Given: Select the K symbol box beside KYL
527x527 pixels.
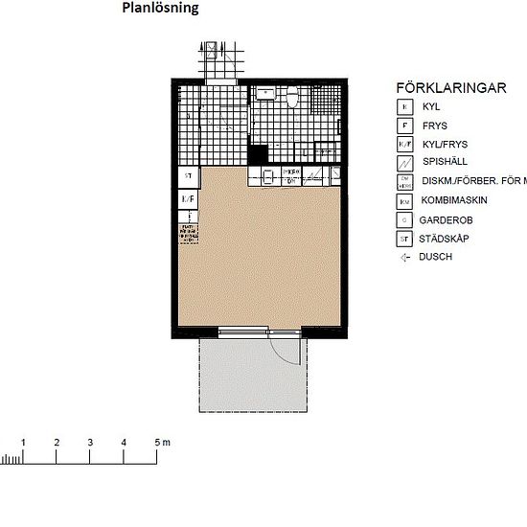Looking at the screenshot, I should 405,107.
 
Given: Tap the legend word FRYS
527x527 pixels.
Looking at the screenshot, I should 434,126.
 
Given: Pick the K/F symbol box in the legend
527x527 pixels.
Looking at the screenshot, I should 405,145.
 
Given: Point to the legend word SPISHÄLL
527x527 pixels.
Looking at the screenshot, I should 443,163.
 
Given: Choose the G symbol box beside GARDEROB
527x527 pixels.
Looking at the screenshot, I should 405,219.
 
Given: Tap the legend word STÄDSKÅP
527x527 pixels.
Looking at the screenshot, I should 447,239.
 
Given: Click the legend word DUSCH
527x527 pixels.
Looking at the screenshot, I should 437,257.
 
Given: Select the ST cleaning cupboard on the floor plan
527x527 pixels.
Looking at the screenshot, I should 189,177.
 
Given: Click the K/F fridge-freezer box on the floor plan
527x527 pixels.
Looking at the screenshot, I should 189,198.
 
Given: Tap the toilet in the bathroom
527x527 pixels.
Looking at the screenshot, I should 291,98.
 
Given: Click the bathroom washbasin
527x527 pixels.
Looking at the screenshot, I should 264,94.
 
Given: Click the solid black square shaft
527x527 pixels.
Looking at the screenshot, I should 257,151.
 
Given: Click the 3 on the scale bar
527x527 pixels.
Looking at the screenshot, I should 90,442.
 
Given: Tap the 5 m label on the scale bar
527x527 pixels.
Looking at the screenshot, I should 161,442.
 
